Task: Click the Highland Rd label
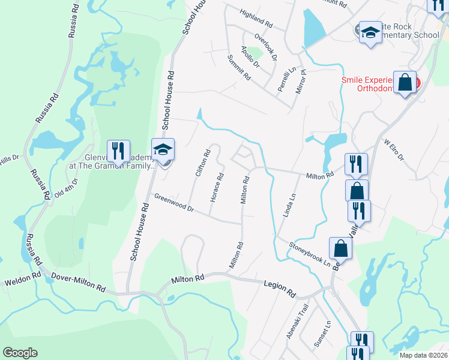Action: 256,20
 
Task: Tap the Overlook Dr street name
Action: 265,47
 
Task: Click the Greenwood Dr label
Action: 175,202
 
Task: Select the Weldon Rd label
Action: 22,280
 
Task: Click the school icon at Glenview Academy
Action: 162,150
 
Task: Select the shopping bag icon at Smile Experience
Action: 405,82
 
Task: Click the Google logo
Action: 20,353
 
